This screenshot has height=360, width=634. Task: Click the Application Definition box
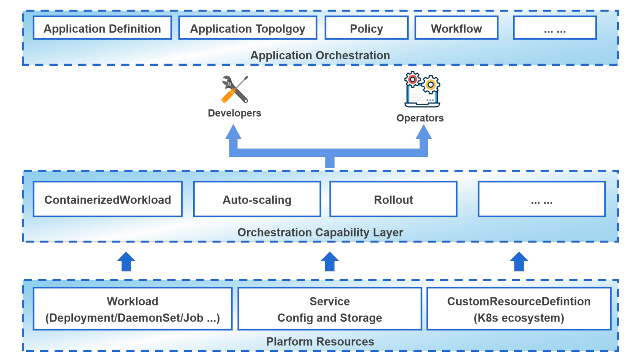click(x=102, y=28)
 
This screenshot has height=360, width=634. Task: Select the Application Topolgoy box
click(x=248, y=28)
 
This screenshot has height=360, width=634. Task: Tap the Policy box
click(x=366, y=28)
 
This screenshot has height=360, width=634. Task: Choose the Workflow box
click(x=456, y=28)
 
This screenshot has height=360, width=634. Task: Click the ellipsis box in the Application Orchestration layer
click(x=555, y=28)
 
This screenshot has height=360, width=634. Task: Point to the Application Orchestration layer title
click(x=320, y=55)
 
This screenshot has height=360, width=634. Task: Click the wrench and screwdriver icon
click(x=235, y=89)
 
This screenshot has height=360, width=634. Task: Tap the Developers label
click(x=234, y=113)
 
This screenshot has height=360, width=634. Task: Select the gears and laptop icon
click(x=422, y=89)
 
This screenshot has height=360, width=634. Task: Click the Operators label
click(x=420, y=118)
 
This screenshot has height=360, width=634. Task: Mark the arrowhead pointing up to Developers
click(x=234, y=132)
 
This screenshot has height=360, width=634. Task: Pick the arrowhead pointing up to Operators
click(x=423, y=132)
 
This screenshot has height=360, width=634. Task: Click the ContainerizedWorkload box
click(x=108, y=199)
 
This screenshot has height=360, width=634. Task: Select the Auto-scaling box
click(x=257, y=199)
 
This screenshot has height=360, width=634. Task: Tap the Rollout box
click(x=393, y=199)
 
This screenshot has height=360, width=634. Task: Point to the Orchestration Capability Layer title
click(x=320, y=232)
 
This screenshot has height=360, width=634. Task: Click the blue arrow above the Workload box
click(x=126, y=261)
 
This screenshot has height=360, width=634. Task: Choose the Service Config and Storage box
click(x=330, y=309)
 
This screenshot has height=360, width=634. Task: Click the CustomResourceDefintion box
click(x=519, y=309)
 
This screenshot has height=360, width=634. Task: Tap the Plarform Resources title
click(x=320, y=342)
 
